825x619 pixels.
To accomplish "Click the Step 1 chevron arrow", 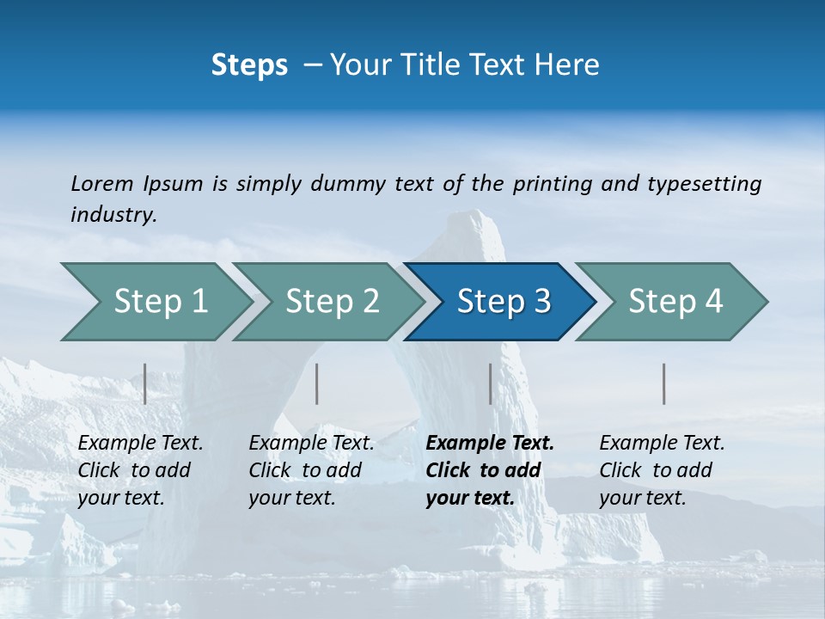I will click(x=155, y=302).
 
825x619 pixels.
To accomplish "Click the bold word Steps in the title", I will click(x=249, y=65).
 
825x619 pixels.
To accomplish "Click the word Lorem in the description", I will click(x=102, y=183).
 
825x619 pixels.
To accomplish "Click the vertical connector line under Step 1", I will click(x=145, y=383).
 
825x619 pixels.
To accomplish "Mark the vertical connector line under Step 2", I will click(x=317, y=383).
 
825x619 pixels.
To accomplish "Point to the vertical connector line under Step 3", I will click(x=491, y=383).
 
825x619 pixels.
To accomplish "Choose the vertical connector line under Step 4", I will click(x=664, y=383).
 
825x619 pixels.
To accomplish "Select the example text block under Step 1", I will click(x=140, y=470).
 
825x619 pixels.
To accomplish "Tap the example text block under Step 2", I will click(x=311, y=470).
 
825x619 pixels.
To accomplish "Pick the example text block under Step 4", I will click(x=662, y=470).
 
